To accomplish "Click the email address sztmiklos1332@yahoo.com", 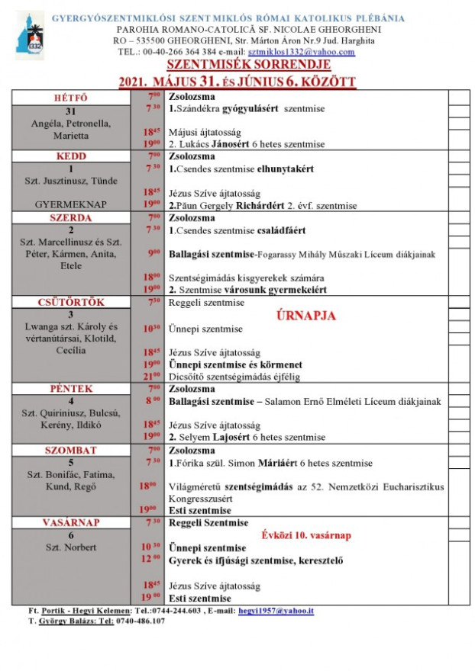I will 313,52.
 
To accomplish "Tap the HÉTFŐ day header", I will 71,98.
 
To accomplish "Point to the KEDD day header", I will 71,156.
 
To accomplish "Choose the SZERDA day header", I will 71,217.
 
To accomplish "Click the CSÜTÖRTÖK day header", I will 71,303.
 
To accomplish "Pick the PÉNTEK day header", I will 71,389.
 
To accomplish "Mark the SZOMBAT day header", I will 71,450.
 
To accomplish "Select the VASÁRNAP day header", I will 71,522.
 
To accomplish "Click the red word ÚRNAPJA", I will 306,315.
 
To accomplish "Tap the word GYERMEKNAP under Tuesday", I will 71,205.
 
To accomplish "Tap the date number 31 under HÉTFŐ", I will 71,111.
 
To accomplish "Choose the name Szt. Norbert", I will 71,547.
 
